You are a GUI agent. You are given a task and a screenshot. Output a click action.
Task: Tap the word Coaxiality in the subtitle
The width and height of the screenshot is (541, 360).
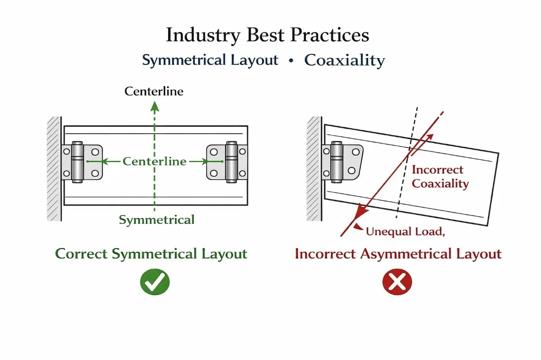click(x=344, y=60)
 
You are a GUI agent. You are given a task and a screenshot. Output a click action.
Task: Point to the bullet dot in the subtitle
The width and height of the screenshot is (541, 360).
click(x=291, y=60)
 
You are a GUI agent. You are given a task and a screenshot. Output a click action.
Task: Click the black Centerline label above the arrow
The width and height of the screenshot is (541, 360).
click(x=154, y=91)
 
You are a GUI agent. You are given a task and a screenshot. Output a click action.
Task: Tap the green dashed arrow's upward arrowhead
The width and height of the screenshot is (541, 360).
click(x=154, y=107)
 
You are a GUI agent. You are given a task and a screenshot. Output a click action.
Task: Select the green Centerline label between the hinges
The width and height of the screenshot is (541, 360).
click(x=154, y=162)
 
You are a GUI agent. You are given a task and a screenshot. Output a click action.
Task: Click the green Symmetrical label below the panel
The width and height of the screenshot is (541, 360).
click(x=156, y=220)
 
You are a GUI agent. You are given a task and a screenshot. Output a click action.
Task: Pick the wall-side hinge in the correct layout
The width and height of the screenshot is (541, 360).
click(x=81, y=162)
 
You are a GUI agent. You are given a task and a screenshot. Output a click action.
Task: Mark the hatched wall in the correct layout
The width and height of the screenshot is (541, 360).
click(x=54, y=168)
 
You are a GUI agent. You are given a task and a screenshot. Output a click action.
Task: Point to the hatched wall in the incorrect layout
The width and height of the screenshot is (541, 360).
click(x=314, y=168)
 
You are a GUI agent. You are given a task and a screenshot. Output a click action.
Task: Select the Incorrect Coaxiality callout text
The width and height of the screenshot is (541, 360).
click(x=440, y=177)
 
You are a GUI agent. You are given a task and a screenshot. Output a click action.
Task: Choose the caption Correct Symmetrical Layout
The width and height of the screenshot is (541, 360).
click(x=151, y=254)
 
